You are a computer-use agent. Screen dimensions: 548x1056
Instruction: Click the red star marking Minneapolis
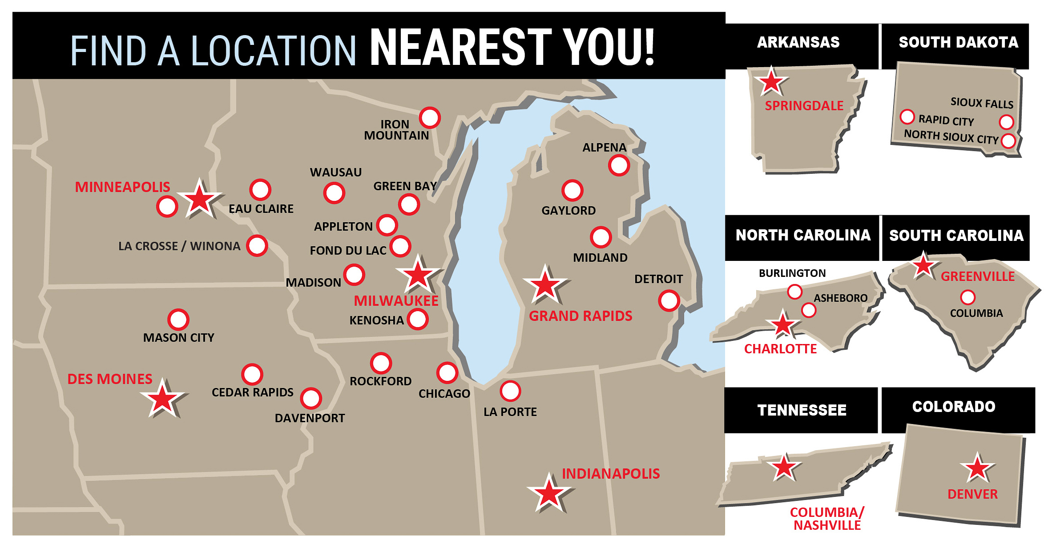tap(199, 199)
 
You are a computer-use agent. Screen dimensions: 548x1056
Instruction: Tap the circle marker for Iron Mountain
tap(430, 118)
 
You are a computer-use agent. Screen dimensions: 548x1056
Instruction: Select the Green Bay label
tap(405, 186)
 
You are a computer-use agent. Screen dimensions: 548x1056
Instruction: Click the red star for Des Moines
tap(162, 399)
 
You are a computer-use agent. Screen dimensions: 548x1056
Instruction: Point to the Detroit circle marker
tap(669, 301)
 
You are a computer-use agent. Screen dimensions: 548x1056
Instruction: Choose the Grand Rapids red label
tap(580, 316)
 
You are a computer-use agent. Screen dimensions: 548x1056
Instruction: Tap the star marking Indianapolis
tap(548, 493)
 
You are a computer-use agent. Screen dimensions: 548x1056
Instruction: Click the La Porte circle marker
tap(510, 391)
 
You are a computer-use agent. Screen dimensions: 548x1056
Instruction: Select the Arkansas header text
tap(798, 42)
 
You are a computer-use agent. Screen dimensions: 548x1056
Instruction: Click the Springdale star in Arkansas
tap(771, 82)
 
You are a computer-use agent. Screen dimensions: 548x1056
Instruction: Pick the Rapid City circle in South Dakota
tap(907, 117)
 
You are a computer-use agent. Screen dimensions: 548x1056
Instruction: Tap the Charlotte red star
tap(782, 324)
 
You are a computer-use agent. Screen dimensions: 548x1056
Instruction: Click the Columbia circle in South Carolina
tap(967, 297)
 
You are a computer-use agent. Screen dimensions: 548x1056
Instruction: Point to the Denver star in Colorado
tap(977, 468)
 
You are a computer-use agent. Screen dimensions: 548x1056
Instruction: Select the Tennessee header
tap(802, 410)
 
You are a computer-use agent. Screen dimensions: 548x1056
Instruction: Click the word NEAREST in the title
tap(460, 48)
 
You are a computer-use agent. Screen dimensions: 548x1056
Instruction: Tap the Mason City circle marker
tap(178, 319)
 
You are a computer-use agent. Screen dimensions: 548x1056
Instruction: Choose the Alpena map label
tap(604, 148)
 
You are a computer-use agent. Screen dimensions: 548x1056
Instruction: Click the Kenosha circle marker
tap(418, 319)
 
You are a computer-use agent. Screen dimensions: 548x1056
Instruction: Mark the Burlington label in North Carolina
tap(792, 273)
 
